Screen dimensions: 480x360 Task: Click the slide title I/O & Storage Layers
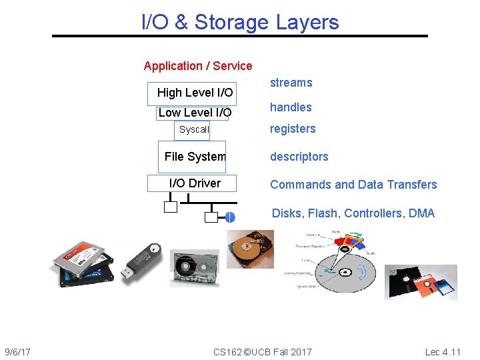point(240,22)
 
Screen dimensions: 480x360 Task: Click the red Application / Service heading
point(198,66)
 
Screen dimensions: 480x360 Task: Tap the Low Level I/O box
point(193,113)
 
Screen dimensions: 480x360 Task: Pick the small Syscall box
point(193,130)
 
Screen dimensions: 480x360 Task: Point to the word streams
point(291,83)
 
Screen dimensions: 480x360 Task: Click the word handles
point(291,107)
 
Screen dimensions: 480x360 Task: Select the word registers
point(293,129)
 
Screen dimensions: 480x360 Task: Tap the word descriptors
point(299,157)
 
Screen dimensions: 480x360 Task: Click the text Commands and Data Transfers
point(353,185)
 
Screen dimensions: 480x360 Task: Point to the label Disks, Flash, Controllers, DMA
point(353,213)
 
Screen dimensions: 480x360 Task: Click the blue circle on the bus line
point(230,217)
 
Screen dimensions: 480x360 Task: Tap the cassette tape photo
point(194,269)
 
